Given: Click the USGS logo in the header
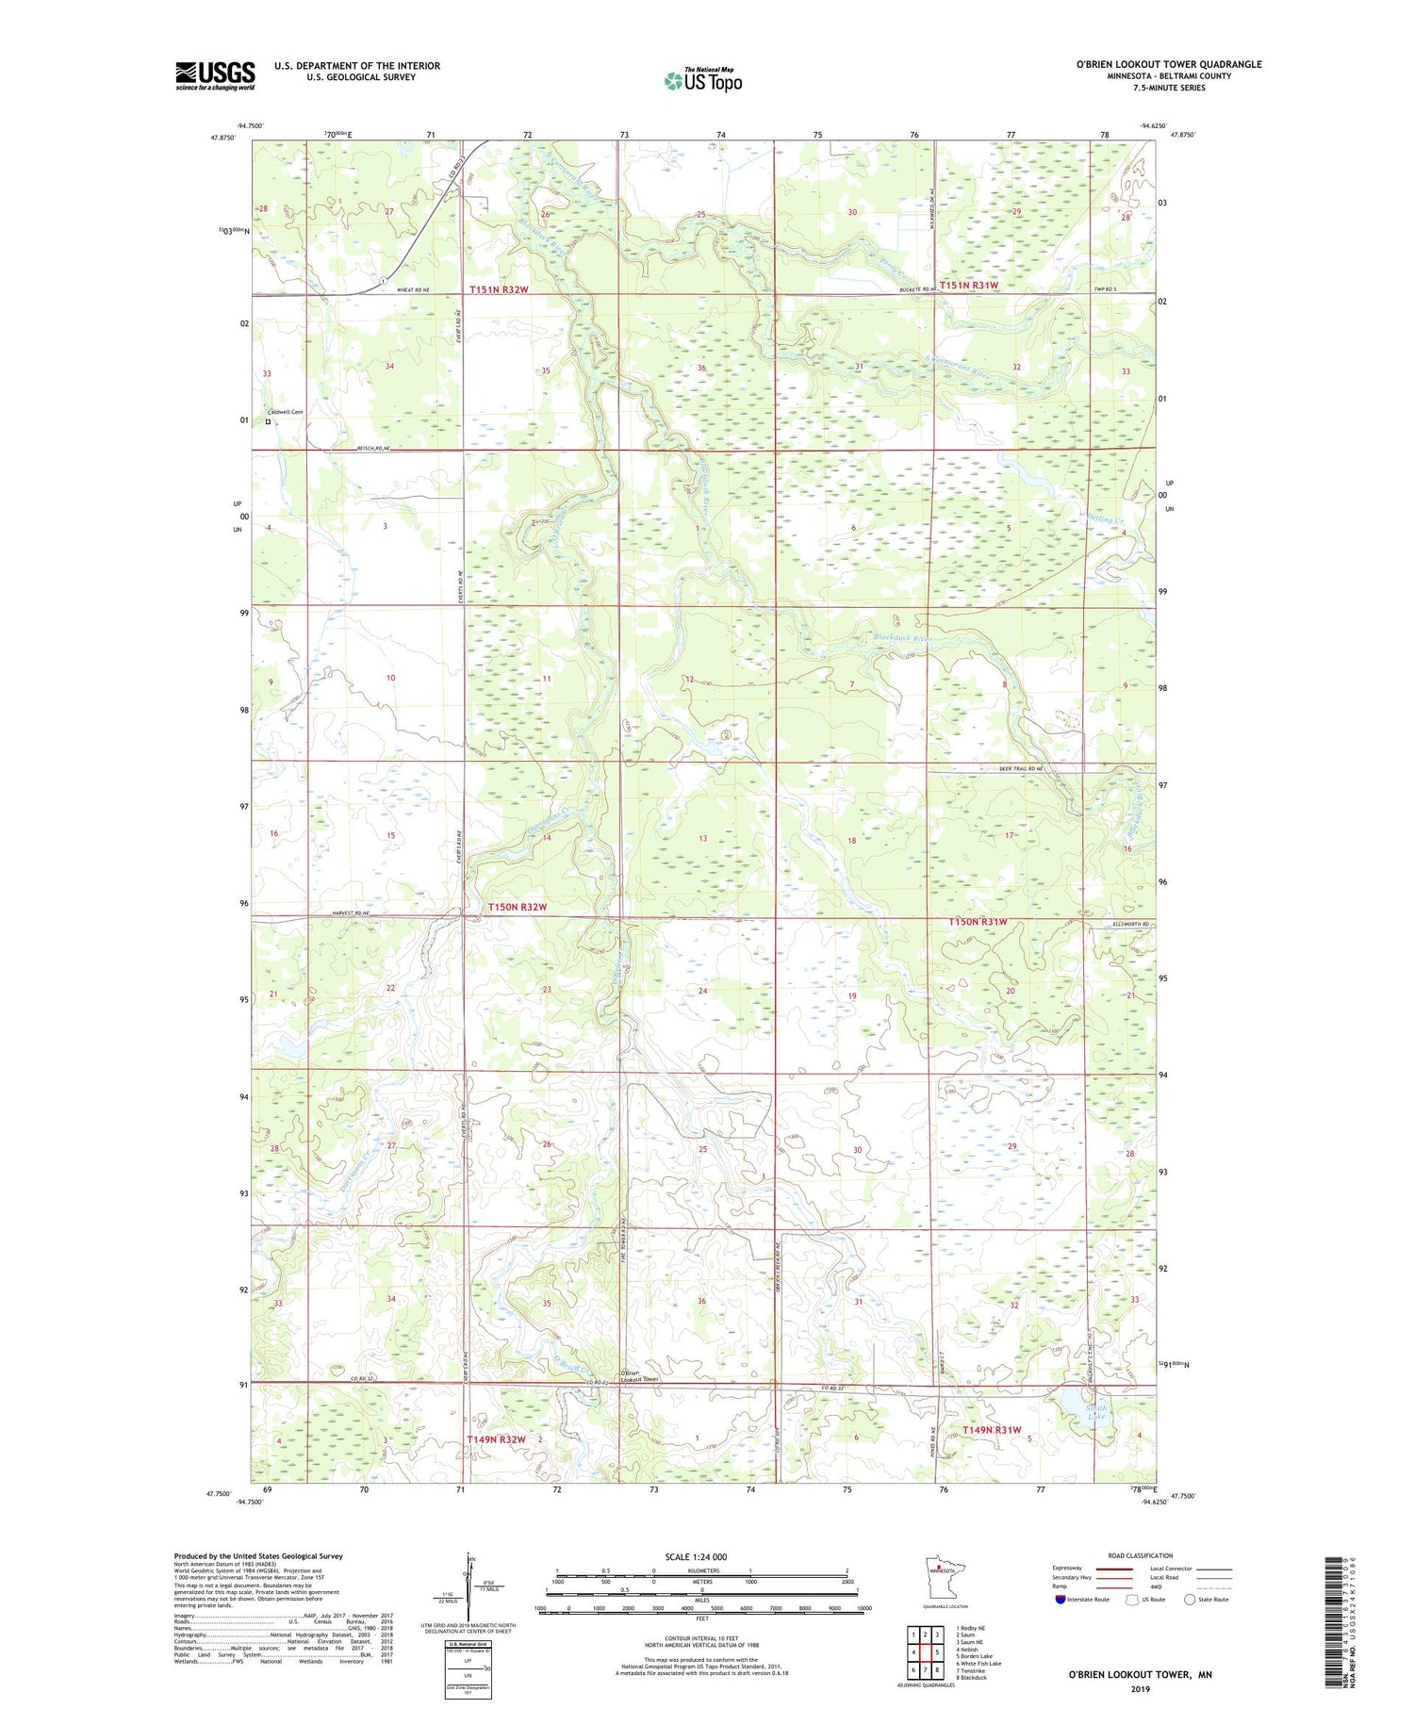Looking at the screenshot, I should pos(215,75).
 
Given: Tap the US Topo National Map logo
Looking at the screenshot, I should pos(702,80).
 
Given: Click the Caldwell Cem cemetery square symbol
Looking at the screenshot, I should pos(268,422).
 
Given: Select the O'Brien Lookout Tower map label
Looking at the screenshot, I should pos(640,1376).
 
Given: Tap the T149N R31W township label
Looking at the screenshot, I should pos(992,1430).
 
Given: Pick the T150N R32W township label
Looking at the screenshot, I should pos(517,907).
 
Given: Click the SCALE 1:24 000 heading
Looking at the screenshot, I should pos(696,1556).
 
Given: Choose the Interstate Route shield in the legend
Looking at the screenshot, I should pos(1060,1600).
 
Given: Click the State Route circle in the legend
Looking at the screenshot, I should pos(1190,1600).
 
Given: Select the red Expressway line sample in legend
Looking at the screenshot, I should pos(1118,1569).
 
